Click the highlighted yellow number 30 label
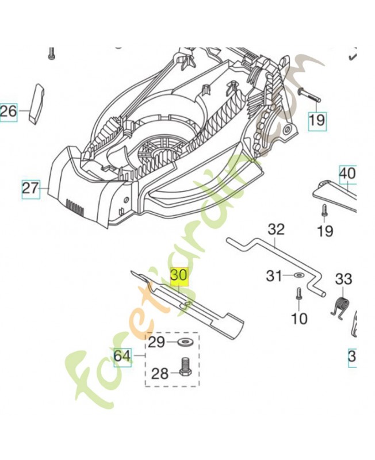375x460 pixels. [179, 276]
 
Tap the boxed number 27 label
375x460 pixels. [30, 188]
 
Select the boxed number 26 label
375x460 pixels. [9, 111]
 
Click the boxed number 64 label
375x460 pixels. [122, 356]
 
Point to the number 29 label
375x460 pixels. [156, 343]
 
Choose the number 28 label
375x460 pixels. [160, 374]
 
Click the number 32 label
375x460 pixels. [276, 229]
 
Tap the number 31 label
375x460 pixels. [274, 277]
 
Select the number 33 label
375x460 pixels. [343, 279]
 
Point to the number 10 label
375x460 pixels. [300, 318]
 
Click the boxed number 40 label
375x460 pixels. [348, 172]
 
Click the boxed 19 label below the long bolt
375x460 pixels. [317, 120]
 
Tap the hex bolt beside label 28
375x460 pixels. [185, 366]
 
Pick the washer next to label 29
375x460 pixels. [185, 343]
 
